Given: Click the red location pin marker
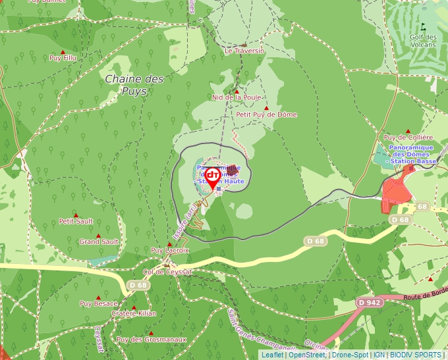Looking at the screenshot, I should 213,178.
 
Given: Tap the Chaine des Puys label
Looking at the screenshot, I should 134,85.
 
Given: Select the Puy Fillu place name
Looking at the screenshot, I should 63,58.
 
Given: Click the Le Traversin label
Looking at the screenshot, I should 244,51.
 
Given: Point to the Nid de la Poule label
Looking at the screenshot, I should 237,97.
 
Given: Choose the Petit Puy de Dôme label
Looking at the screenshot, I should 267,115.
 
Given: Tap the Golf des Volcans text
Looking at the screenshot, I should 423,41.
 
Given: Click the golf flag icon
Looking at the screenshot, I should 423,27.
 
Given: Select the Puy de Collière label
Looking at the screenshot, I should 408,137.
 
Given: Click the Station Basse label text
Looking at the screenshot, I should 412,161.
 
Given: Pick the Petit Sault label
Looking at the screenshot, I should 76,221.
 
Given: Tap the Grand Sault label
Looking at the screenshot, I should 99,242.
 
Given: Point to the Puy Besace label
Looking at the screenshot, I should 99,303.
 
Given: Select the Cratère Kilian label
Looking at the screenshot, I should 134,313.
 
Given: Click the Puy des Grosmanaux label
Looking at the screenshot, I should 152,340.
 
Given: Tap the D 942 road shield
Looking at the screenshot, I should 370,302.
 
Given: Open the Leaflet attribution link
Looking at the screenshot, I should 272,355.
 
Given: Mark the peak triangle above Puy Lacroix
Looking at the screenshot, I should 169,244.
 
